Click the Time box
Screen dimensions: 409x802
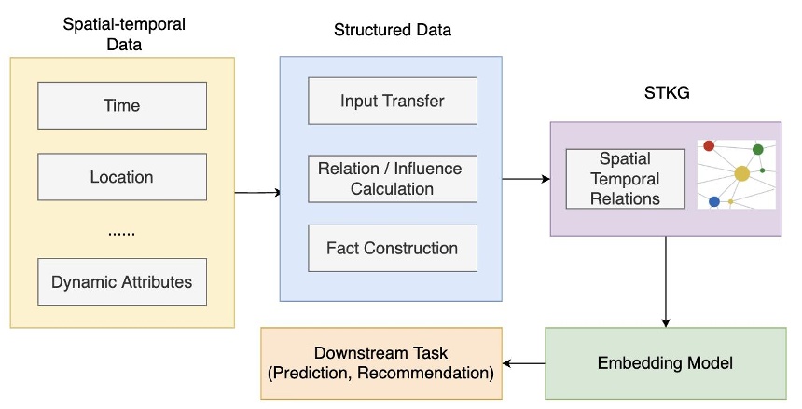121,105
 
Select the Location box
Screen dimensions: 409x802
121,177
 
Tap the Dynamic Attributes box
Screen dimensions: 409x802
121,281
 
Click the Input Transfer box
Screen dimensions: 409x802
392,101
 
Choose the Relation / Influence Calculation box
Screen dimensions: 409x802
392,178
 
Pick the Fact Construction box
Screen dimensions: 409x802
392,248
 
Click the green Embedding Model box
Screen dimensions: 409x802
664,361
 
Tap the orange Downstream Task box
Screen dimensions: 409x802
380,363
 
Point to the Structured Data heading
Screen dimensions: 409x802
392,30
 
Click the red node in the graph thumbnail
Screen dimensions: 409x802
709,145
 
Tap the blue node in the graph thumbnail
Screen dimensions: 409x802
714,201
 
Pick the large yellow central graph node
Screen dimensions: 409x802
742,173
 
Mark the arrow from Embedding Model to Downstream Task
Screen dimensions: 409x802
523,363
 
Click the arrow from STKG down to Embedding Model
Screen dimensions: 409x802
665,279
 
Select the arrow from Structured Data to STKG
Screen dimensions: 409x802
526,178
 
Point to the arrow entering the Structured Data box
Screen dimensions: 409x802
257,193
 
